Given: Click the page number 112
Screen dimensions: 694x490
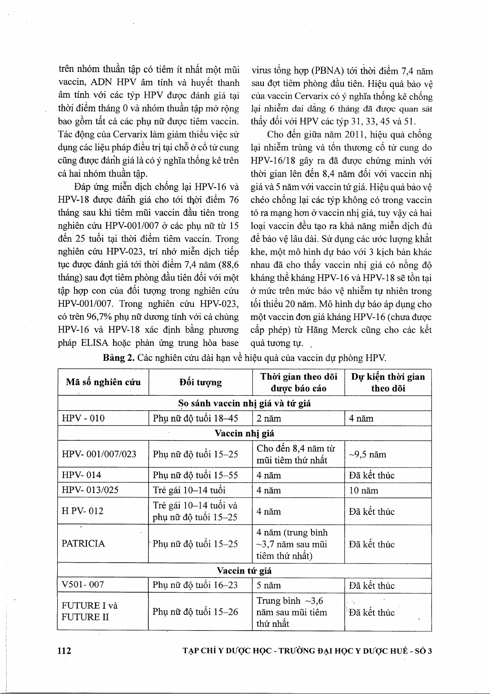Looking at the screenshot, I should (64, 650).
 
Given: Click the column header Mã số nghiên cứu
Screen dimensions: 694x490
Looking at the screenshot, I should (103, 382).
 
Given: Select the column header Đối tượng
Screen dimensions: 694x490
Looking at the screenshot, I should (200, 383).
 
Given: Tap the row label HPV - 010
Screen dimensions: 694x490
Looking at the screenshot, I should (83, 418).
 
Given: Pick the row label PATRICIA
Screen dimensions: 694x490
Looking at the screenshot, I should (83, 544).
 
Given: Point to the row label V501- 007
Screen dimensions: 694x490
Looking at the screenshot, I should (83, 584).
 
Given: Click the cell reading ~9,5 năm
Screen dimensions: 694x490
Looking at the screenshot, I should (367, 454).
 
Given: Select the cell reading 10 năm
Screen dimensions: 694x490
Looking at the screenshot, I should (363, 491).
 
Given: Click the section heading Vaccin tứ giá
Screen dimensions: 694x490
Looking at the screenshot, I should (244, 571).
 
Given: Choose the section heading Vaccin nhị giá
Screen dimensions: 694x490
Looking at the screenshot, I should (244, 433).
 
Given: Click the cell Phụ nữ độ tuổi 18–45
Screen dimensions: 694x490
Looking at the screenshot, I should (195, 418).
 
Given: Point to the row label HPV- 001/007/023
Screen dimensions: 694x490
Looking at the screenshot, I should (99, 454).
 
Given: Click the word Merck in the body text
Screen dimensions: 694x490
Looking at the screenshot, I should (344, 330).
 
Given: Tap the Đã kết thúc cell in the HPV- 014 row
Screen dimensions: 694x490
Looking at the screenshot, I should (372, 475).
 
